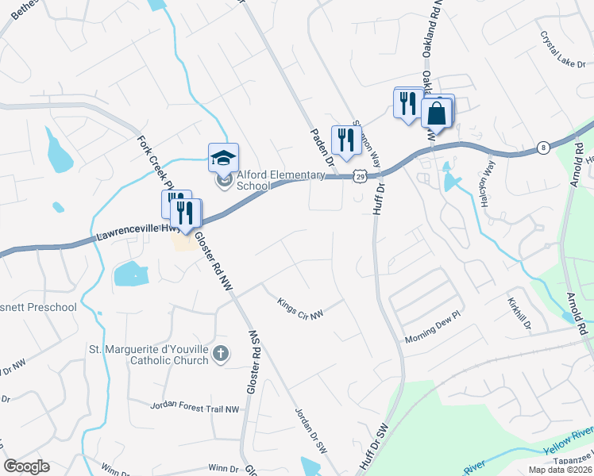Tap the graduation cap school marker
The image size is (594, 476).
point(223,157)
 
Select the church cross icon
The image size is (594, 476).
point(221,354)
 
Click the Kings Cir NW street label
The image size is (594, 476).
point(300,309)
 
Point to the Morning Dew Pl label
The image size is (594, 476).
point(433,338)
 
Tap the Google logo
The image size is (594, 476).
point(26,466)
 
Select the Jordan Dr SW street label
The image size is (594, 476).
point(311,429)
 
